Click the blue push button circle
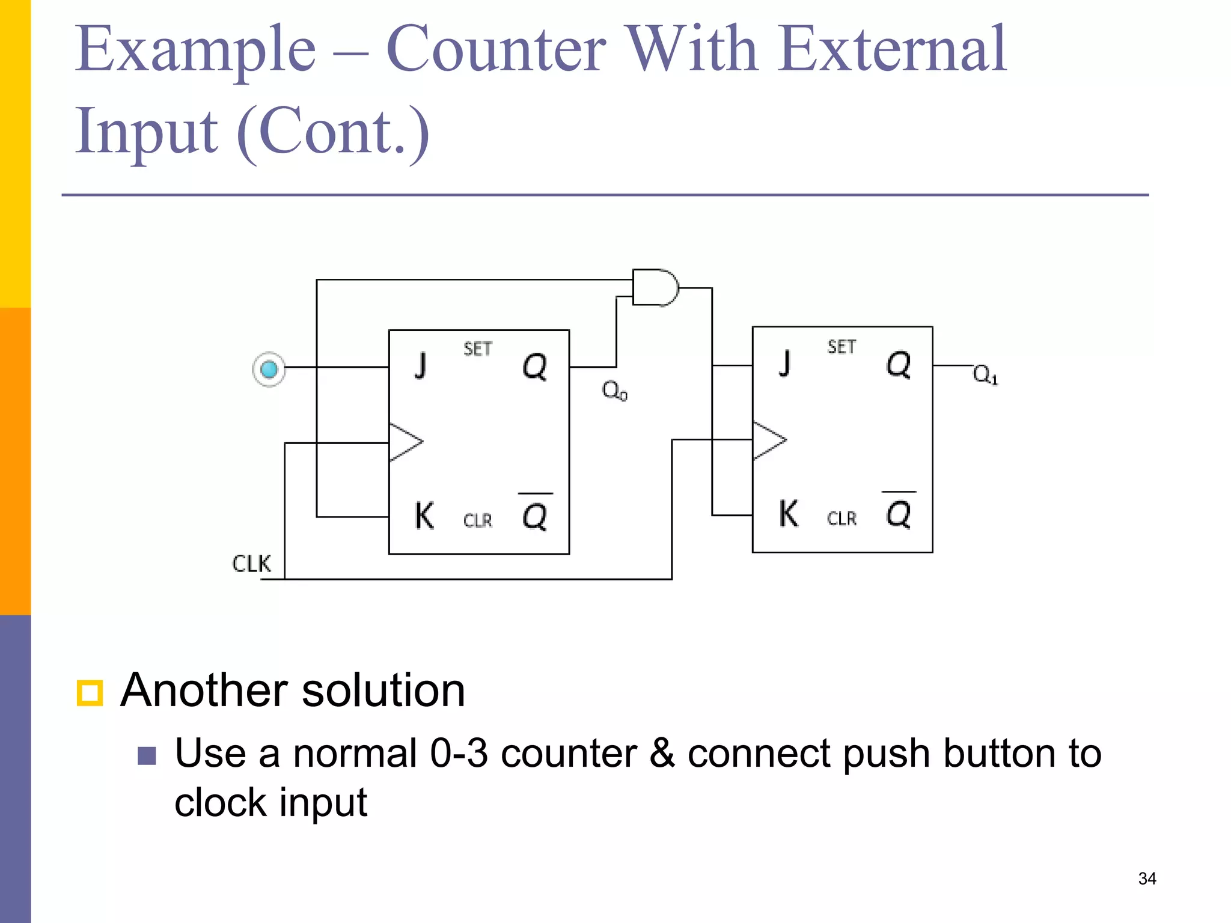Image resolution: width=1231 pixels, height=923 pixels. [x=269, y=369]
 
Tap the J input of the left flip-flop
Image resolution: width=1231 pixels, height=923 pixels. [x=421, y=365]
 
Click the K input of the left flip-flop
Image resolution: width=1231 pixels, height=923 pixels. [x=424, y=516]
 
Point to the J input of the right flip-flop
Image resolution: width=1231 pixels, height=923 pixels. [x=784, y=363]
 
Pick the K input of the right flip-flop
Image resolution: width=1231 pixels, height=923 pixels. [x=789, y=514]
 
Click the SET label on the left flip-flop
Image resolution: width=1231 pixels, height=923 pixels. [x=478, y=349]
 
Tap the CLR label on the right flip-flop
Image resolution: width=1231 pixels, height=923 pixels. [x=842, y=518]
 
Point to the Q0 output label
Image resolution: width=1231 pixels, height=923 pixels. [x=614, y=391]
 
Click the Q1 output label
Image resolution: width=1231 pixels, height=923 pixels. [x=985, y=375]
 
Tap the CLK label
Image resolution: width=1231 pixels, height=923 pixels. [x=251, y=564]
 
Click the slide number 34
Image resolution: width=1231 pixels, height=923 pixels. [x=1147, y=879]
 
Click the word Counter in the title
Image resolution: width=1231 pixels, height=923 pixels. [x=496, y=49]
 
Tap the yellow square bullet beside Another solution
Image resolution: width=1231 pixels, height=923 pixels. [x=90, y=693]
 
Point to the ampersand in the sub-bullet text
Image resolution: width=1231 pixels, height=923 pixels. [x=662, y=753]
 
